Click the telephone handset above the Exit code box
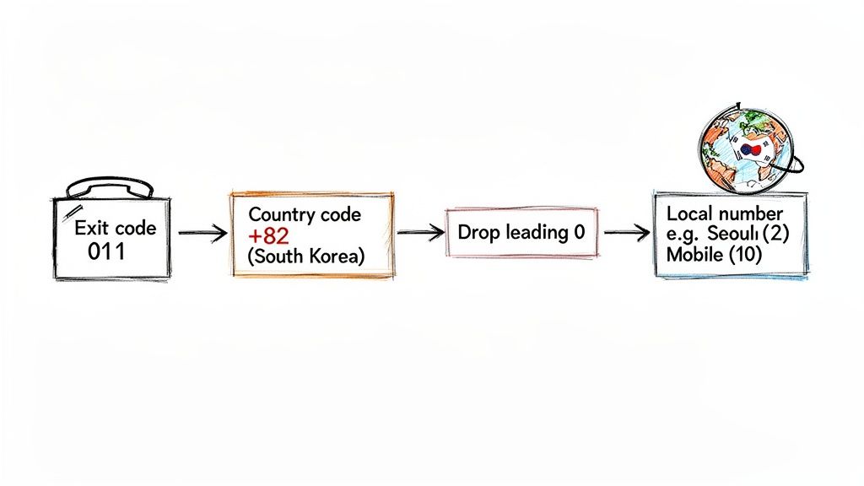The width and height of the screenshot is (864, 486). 110,187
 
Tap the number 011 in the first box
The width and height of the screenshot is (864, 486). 106,251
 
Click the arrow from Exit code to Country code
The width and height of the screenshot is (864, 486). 202,233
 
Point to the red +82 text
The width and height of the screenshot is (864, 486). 268,236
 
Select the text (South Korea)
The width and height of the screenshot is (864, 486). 305,256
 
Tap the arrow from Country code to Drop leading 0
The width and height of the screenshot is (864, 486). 420,232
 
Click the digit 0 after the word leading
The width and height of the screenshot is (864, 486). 579,232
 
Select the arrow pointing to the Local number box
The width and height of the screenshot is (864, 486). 627,233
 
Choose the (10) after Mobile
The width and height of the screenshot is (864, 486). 745,255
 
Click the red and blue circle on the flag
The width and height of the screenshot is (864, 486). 750,148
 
